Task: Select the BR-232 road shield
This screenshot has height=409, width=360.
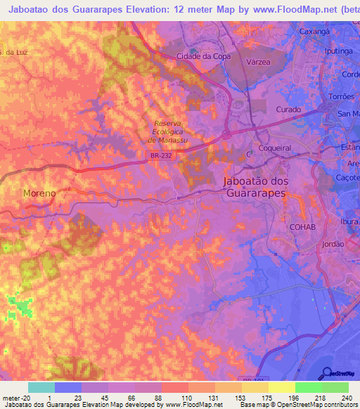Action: pos(157,161)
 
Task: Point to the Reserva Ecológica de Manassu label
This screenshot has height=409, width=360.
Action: pos(167,131)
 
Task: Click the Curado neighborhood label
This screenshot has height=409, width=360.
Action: pos(288,110)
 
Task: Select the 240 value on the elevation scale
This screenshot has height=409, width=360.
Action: pos(347,398)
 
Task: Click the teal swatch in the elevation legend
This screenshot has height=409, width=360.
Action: pos(41,387)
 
